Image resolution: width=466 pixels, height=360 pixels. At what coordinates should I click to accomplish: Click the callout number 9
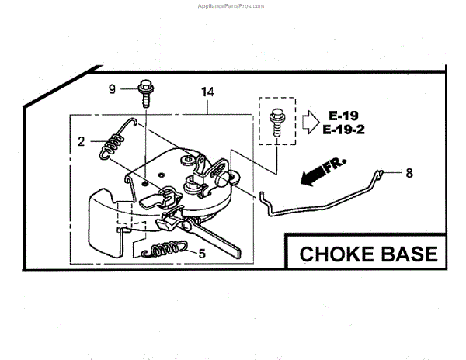pyautogui.click(x=112, y=89)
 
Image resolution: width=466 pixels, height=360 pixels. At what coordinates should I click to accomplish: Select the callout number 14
pyautogui.click(x=207, y=92)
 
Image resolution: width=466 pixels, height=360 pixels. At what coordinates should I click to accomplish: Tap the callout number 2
pyautogui.click(x=81, y=141)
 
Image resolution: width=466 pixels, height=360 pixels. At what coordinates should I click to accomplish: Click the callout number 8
pyautogui.click(x=410, y=173)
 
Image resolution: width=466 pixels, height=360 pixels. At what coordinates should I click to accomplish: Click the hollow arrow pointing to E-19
pyautogui.click(x=309, y=120)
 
